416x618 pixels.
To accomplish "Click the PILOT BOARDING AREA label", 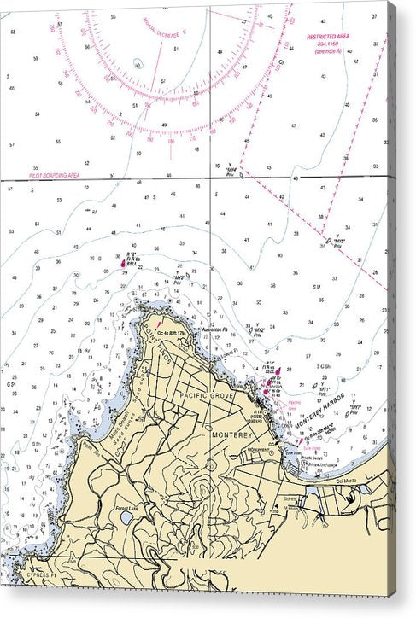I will pos(55,174).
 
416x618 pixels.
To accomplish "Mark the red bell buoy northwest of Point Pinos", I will pos(124,264).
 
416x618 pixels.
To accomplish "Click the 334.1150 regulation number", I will pos(327,45).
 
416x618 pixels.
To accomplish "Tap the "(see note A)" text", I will pos(327,52).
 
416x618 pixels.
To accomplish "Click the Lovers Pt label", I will pos(228,352).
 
